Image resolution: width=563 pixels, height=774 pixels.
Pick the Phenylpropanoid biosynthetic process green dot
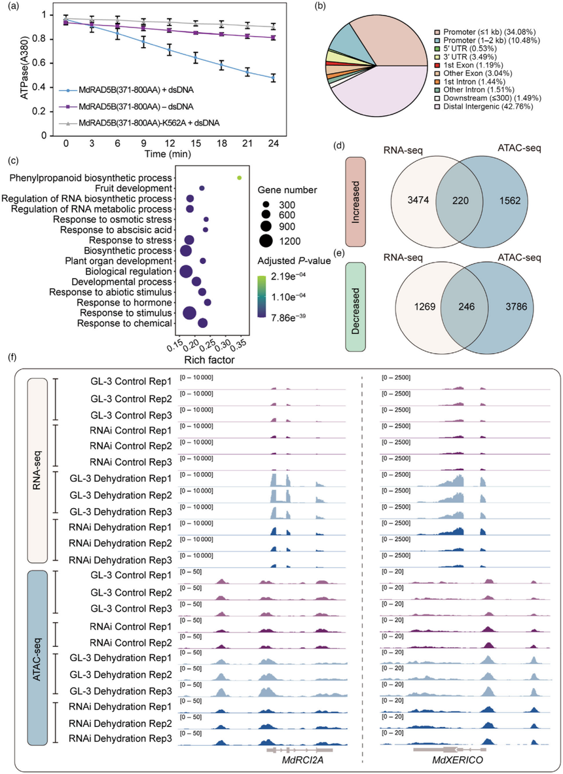click(x=240, y=177)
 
